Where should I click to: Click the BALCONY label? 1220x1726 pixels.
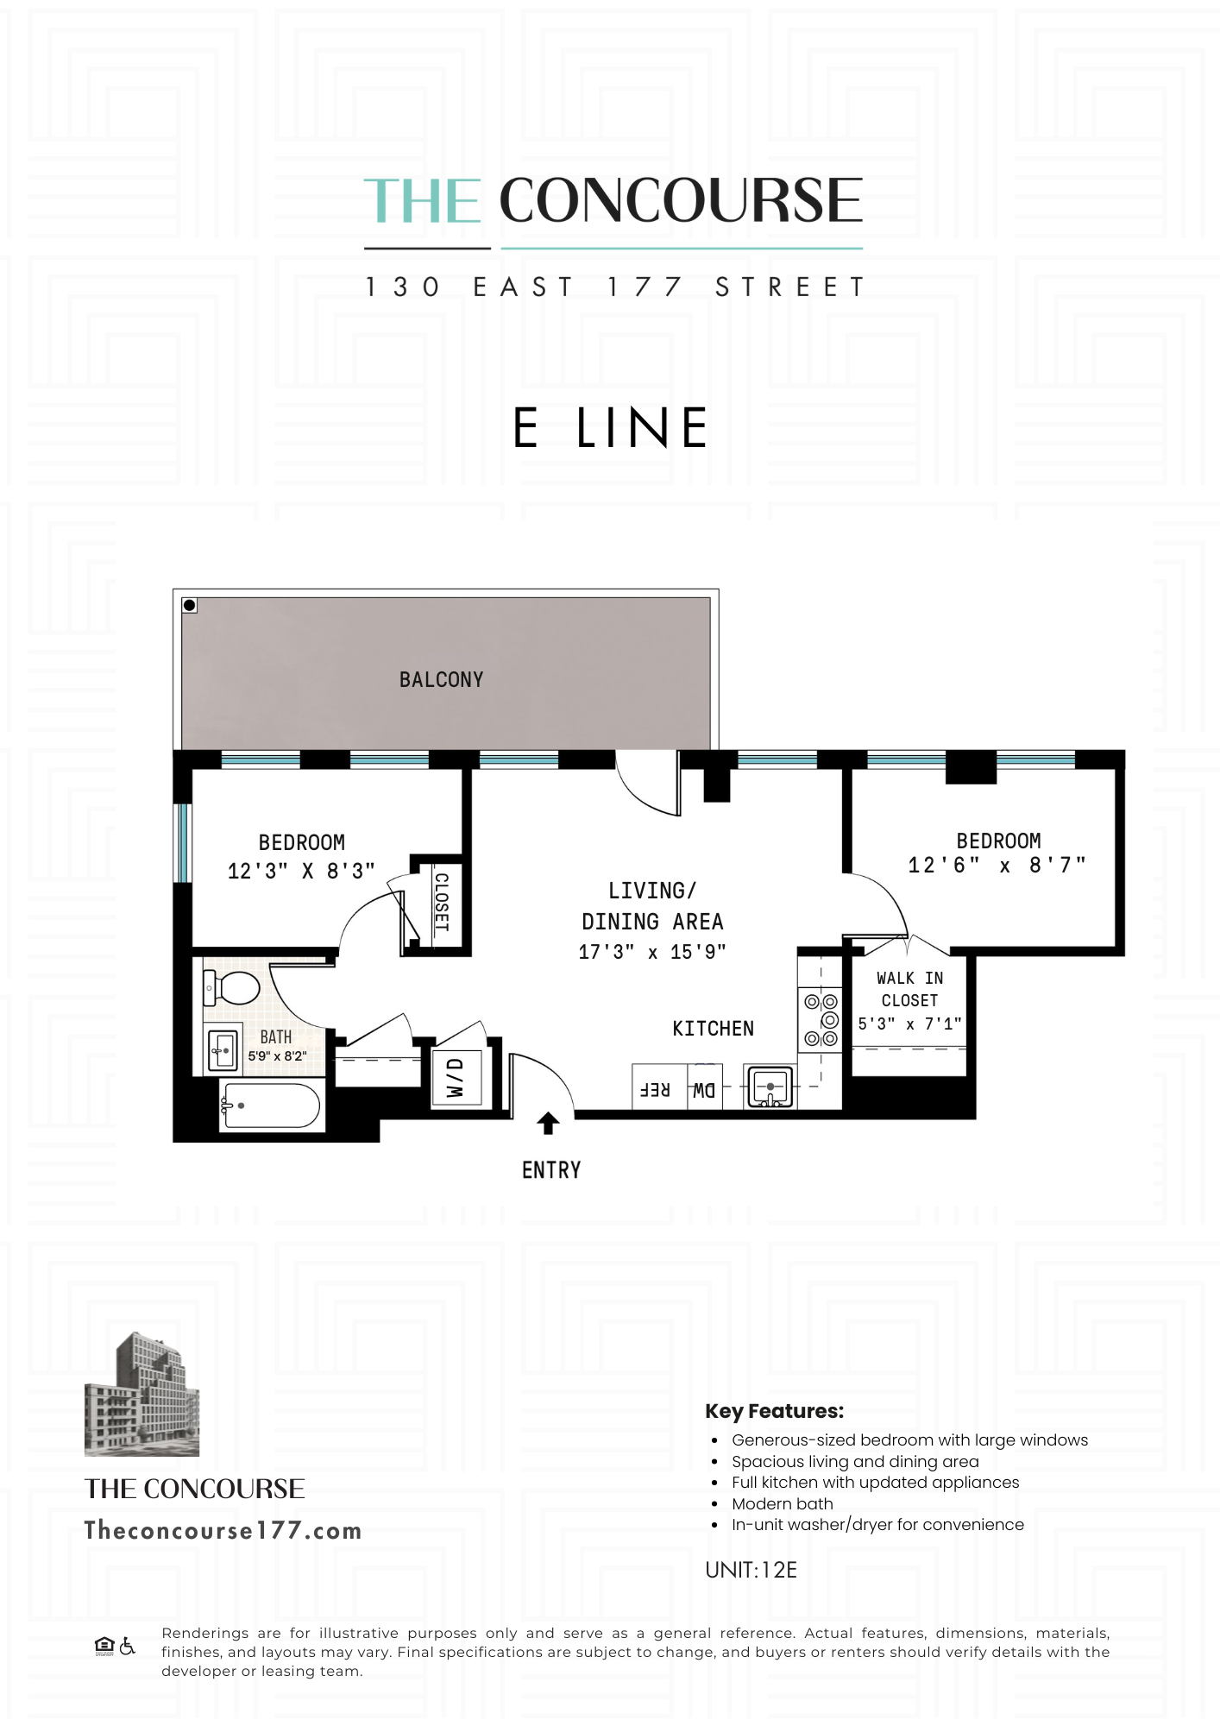pyautogui.click(x=441, y=680)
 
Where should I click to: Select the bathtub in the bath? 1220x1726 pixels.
pyautogui.click(x=271, y=1105)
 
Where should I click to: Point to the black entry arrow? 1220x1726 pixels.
pyautogui.click(x=548, y=1123)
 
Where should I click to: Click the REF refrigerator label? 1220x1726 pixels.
pyautogui.click(x=655, y=1090)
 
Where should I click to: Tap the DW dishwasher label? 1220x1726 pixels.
pyautogui.click(x=704, y=1091)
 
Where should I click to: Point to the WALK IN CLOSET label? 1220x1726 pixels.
pyautogui.click(x=909, y=989)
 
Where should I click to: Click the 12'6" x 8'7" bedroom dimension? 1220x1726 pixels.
pyautogui.click(x=997, y=866)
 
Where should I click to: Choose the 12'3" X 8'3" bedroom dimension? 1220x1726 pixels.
pyautogui.click(x=301, y=872)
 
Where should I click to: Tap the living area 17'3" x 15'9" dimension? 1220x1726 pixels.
pyautogui.click(x=652, y=952)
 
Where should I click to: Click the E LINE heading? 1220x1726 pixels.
pyautogui.click(x=610, y=428)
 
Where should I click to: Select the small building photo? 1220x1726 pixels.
pyautogui.click(x=141, y=1393)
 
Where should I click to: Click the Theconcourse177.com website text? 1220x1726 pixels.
pyautogui.click(x=223, y=1531)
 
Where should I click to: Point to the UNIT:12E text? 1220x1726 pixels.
pyautogui.click(x=751, y=1570)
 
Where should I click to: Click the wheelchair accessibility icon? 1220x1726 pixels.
pyautogui.click(x=128, y=1647)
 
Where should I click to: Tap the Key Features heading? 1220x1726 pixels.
pyautogui.click(x=774, y=1411)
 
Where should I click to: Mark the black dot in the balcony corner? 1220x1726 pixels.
pyautogui.click(x=190, y=605)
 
